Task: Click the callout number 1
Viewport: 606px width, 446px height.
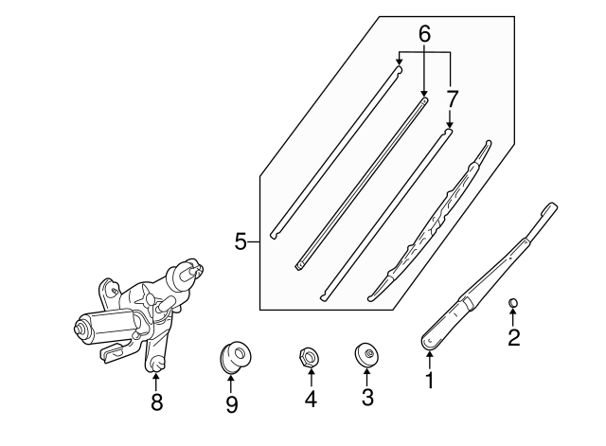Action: [429, 380]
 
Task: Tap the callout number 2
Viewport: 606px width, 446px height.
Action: [513, 337]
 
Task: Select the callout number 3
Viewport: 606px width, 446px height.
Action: [367, 398]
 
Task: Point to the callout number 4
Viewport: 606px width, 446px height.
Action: [311, 399]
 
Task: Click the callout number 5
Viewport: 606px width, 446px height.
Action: [241, 242]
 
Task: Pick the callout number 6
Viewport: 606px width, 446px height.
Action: [424, 34]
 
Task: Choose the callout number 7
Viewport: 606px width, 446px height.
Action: [453, 98]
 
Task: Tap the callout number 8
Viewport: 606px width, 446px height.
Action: [156, 402]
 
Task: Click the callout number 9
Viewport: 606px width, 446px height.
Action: [231, 404]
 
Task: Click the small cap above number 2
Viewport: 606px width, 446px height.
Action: [513, 303]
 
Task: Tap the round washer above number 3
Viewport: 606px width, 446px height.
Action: [366, 354]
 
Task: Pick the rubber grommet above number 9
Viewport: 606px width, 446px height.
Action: [235, 357]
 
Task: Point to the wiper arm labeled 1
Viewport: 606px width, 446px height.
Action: [488, 278]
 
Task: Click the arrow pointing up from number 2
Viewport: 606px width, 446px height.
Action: [513, 317]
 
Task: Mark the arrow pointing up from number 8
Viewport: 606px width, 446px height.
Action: [155, 382]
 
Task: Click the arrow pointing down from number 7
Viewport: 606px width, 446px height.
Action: [449, 119]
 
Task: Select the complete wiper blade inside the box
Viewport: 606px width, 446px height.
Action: [429, 221]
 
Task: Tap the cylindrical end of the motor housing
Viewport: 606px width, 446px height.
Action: [82, 329]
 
